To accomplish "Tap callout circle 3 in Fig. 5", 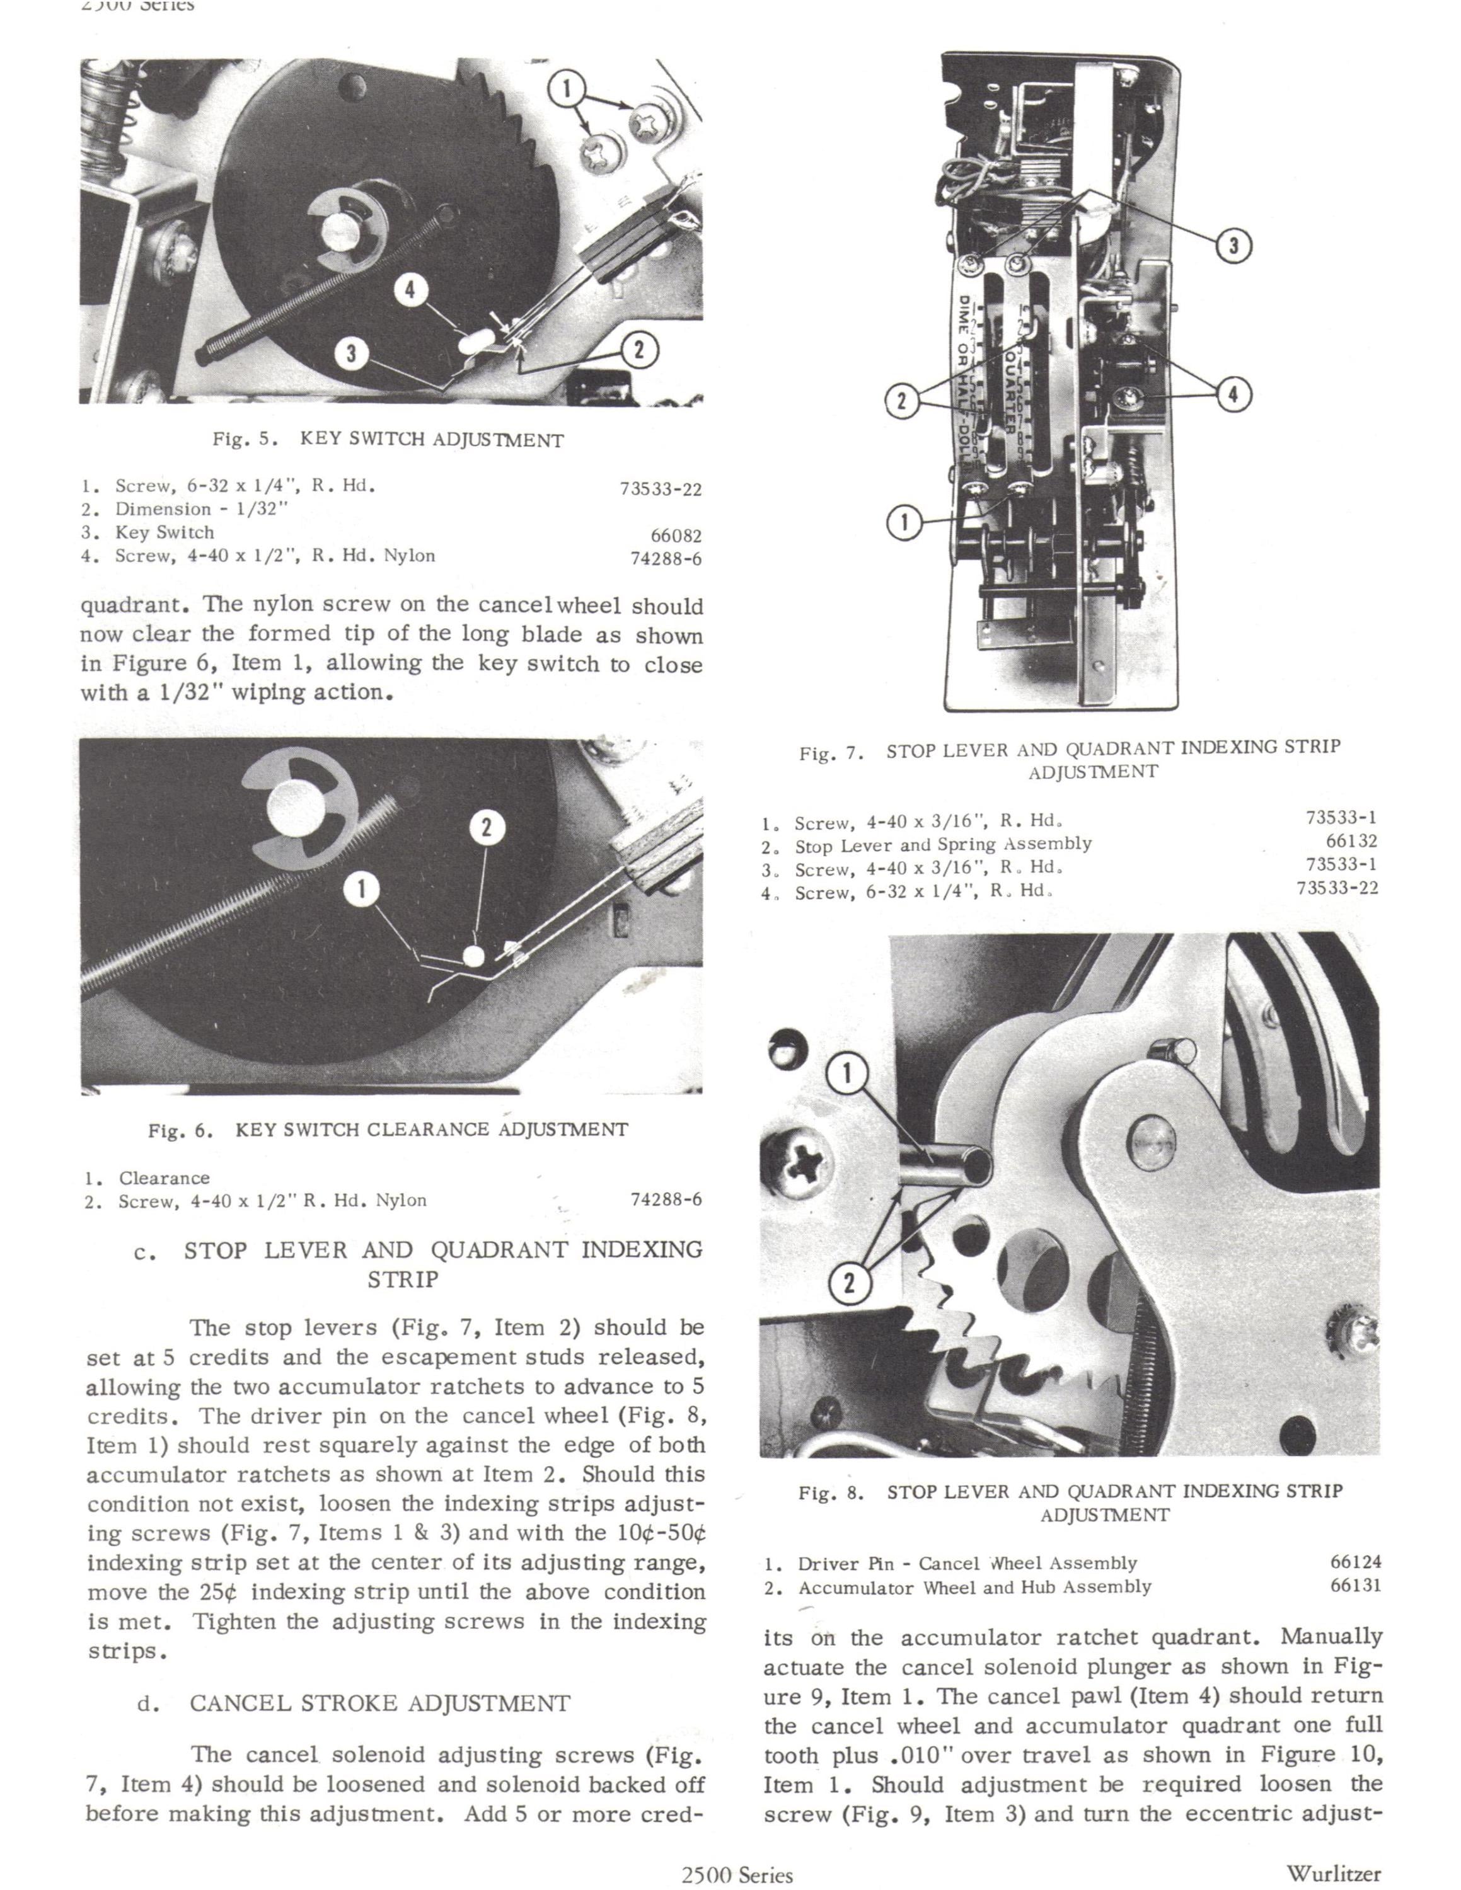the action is (352, 354).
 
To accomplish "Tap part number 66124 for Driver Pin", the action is (1355, 1562).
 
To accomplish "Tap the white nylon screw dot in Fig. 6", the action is (473, 955).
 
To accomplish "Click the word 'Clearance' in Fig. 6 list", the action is (165, 1178).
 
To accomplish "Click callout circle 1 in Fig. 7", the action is (905, 522).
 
